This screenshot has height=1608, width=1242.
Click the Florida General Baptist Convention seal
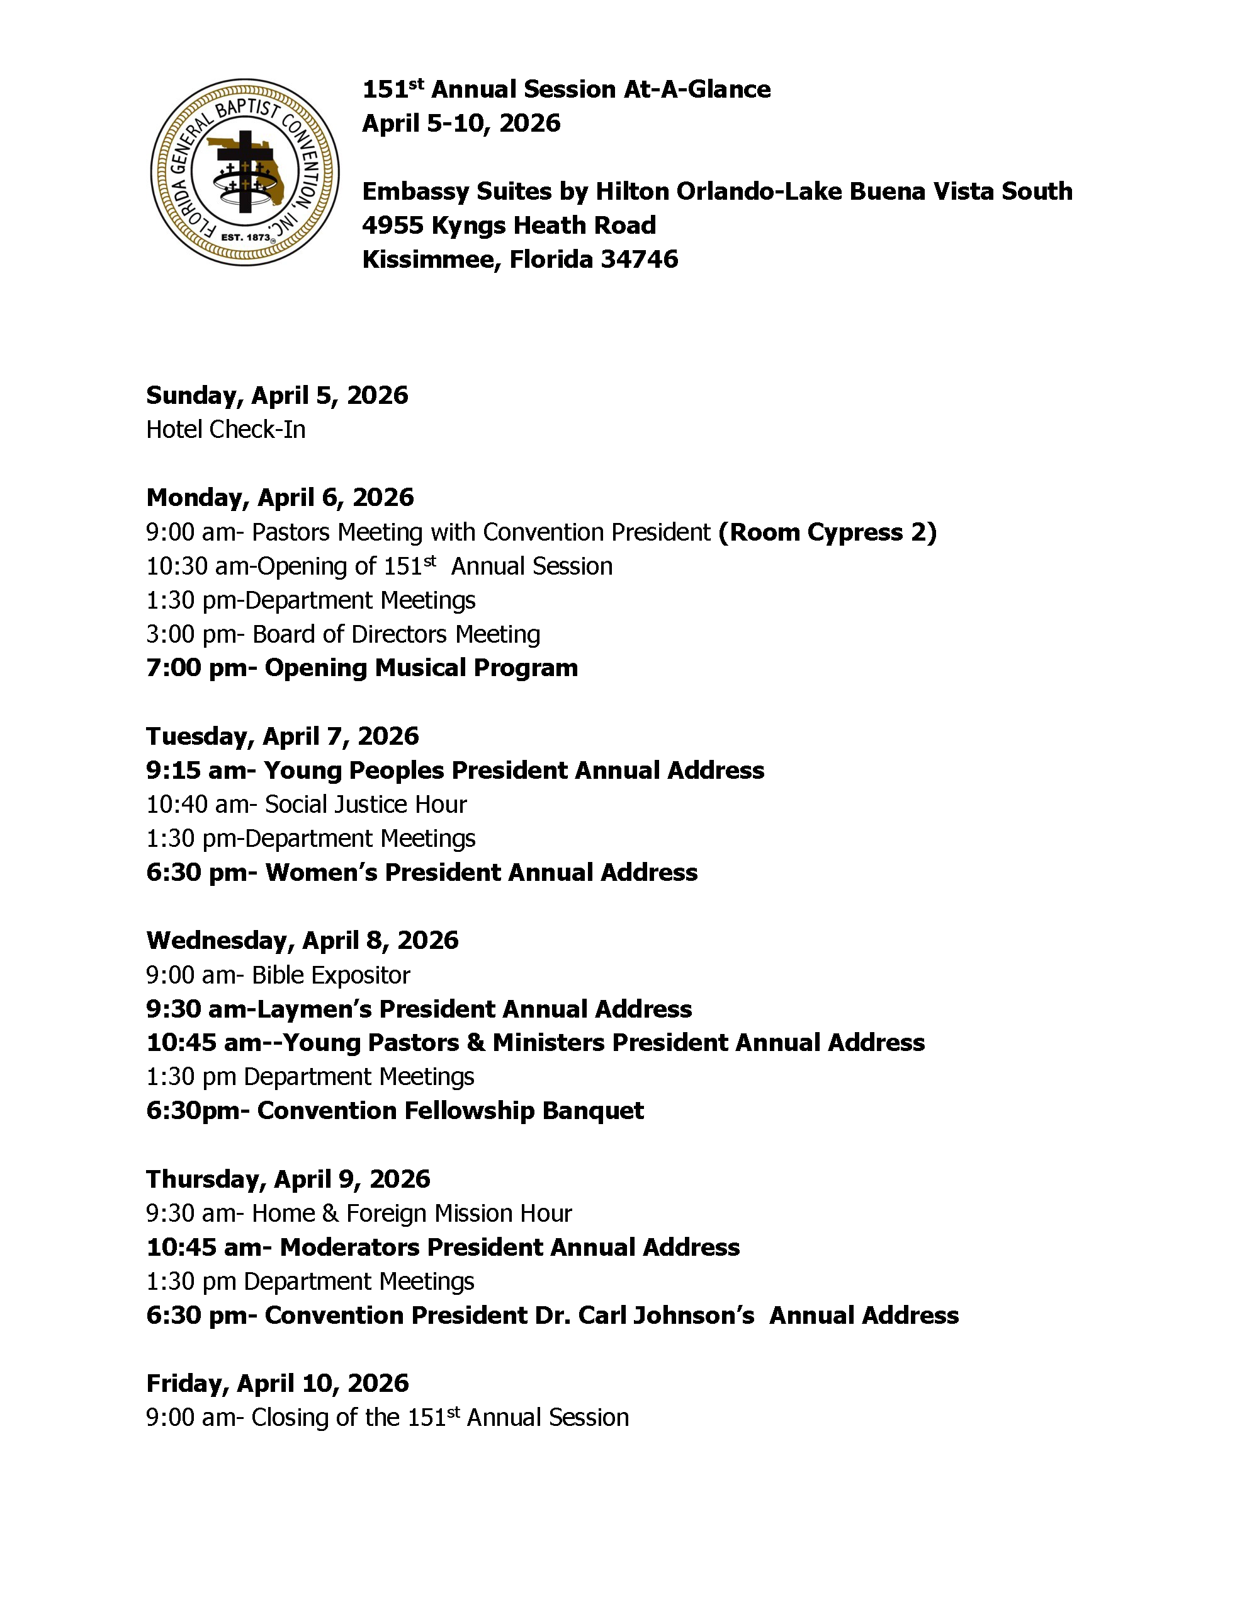[244, 172]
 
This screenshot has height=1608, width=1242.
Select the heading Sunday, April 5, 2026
[276, 395]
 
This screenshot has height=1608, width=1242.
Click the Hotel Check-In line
[226, 429]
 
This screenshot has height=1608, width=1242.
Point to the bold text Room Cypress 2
[828, 532]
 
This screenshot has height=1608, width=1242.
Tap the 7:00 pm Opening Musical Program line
[362, 668]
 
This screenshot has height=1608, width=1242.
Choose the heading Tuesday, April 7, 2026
[282, 736]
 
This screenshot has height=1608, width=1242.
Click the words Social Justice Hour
[366, 804]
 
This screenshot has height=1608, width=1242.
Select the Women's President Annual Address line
[422, 873]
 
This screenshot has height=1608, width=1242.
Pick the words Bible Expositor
[331, 975]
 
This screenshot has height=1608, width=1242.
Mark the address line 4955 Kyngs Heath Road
[509, 226]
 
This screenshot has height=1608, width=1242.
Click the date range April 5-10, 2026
[461, 123]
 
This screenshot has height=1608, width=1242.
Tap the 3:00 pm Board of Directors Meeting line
[343, 634]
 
